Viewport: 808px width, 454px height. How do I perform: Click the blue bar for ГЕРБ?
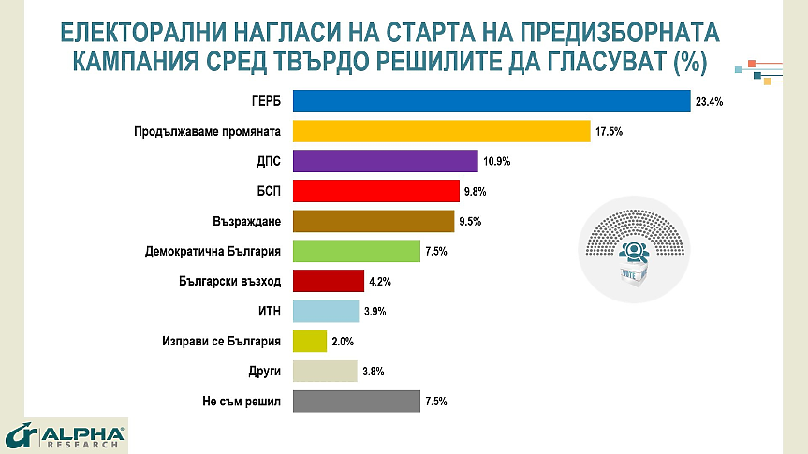tap(492, 101)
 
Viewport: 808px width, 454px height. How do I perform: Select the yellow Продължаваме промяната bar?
tap(441, 131)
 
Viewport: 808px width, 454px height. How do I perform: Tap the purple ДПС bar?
tap(386, 161)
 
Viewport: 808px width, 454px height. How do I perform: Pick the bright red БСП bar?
tap(376, 191)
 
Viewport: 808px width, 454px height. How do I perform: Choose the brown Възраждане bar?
tap(374, 221)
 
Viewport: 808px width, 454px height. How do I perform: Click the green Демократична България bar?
tap(357, 251)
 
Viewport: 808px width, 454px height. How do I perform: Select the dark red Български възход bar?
tap(329, 281)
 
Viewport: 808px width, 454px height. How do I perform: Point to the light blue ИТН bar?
tap(326, 311)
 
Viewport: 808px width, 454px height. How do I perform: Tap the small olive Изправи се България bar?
tap(310, 341)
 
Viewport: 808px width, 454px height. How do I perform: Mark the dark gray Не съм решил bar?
tap(357, 401)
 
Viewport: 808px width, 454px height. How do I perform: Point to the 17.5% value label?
tap(609, 132)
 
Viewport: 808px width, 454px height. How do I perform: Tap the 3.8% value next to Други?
tap(373, 372)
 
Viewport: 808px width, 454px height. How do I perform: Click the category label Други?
tap(266, 372)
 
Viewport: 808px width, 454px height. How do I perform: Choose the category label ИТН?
tap(269, 312)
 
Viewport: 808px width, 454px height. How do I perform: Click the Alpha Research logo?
tap(66, 436)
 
